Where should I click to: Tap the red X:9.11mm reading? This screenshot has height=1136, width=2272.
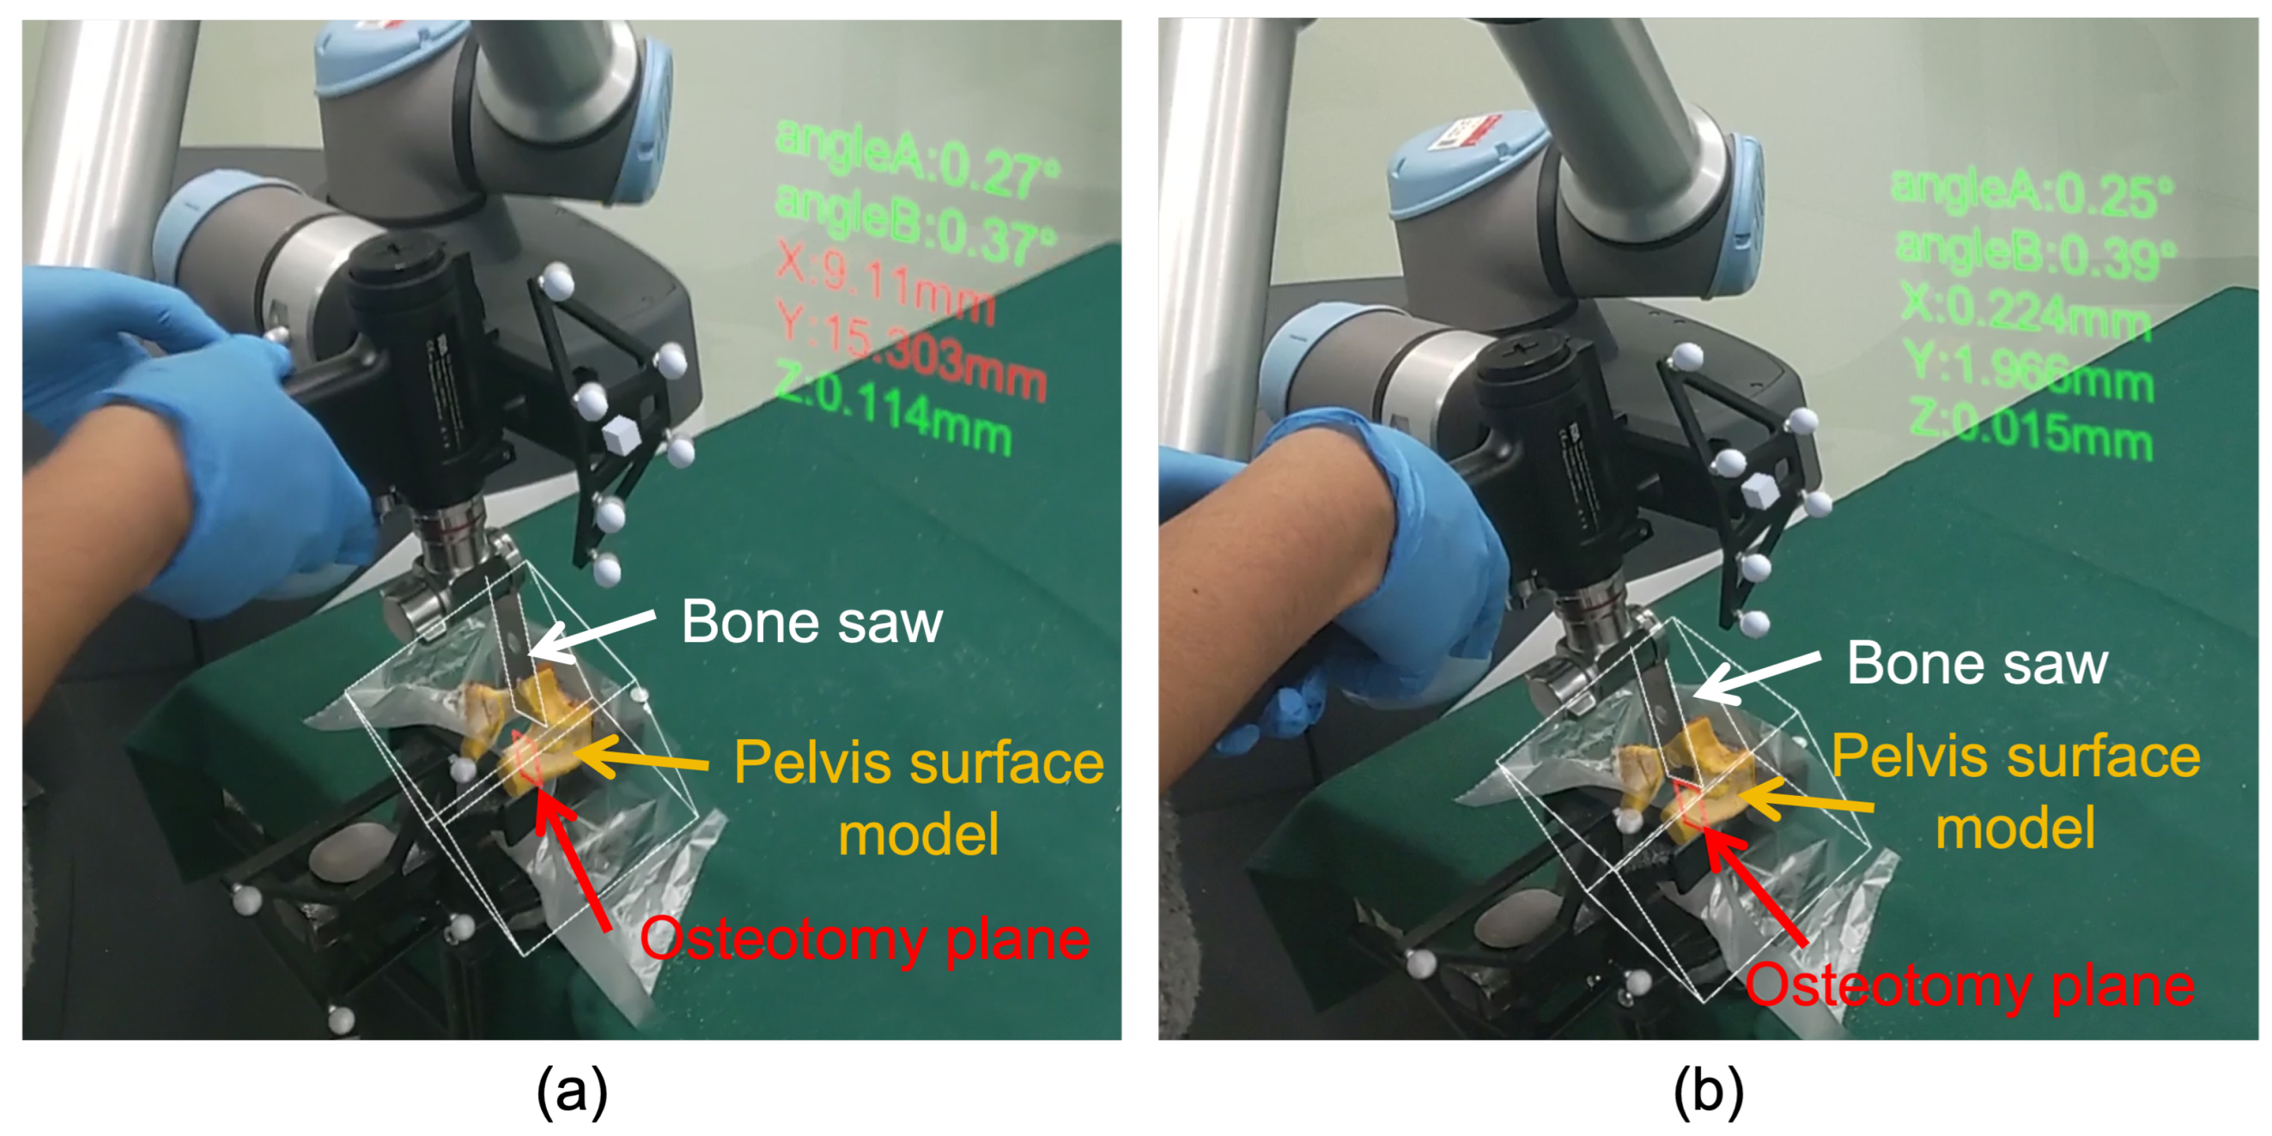(x=887, y=281)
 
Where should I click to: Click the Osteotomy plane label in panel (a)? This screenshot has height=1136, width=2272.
(x=864, y=940)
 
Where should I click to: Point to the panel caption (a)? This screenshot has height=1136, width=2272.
(x=571, y=1090)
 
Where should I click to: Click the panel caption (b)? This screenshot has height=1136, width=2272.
(x=1708, y=1090)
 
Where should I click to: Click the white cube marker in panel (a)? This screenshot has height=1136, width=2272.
(x=623, y=437)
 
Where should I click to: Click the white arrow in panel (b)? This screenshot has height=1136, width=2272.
(x=1755, y=678)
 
